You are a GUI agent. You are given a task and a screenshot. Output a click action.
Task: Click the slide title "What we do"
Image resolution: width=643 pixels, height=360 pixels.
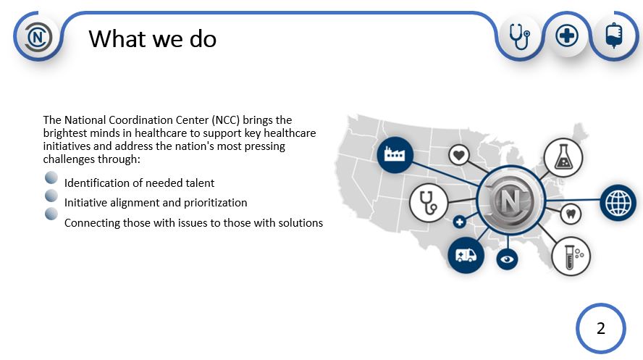click(153, 39)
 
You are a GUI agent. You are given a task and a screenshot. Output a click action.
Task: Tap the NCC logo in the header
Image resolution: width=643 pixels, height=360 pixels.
click(38, 38)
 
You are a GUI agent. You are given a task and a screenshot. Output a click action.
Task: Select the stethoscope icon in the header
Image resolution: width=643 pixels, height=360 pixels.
click(520, 36)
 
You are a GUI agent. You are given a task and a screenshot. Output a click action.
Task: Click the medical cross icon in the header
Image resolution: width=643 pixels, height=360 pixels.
click(567, 35)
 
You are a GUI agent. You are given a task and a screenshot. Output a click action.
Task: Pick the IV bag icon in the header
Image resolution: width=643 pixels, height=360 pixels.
click(614, 35)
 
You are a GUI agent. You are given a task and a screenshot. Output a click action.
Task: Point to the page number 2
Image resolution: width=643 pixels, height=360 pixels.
click(601, 328)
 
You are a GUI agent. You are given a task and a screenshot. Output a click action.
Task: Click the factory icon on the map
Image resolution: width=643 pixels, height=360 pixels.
click(395, 154)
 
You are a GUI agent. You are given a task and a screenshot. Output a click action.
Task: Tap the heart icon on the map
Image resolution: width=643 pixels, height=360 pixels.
click(459, 156)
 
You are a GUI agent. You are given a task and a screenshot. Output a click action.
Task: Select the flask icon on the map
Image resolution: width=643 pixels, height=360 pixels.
click(563, 158)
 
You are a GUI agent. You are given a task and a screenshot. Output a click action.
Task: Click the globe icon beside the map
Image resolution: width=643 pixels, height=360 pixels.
click(618, 203)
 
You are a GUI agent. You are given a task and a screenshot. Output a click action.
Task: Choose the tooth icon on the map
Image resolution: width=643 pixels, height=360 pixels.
click(571, 214)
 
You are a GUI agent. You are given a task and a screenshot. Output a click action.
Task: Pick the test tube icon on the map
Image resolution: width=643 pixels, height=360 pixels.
click(571, 256)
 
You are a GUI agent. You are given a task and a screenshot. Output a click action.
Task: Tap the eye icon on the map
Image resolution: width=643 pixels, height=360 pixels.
click(507, 259)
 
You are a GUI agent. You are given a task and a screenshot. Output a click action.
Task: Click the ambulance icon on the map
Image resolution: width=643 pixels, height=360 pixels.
click(466, 256)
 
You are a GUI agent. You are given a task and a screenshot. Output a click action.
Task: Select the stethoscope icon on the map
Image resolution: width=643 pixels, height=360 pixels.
click(429, 203)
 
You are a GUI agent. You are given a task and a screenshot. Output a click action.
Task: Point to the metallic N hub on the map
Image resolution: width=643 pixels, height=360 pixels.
click(511, 200)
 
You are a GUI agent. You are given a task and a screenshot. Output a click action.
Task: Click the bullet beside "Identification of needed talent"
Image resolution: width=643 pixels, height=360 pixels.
click(51, 178)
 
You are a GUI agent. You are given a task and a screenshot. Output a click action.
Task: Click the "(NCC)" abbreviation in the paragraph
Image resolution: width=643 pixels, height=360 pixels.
click(225, 120)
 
